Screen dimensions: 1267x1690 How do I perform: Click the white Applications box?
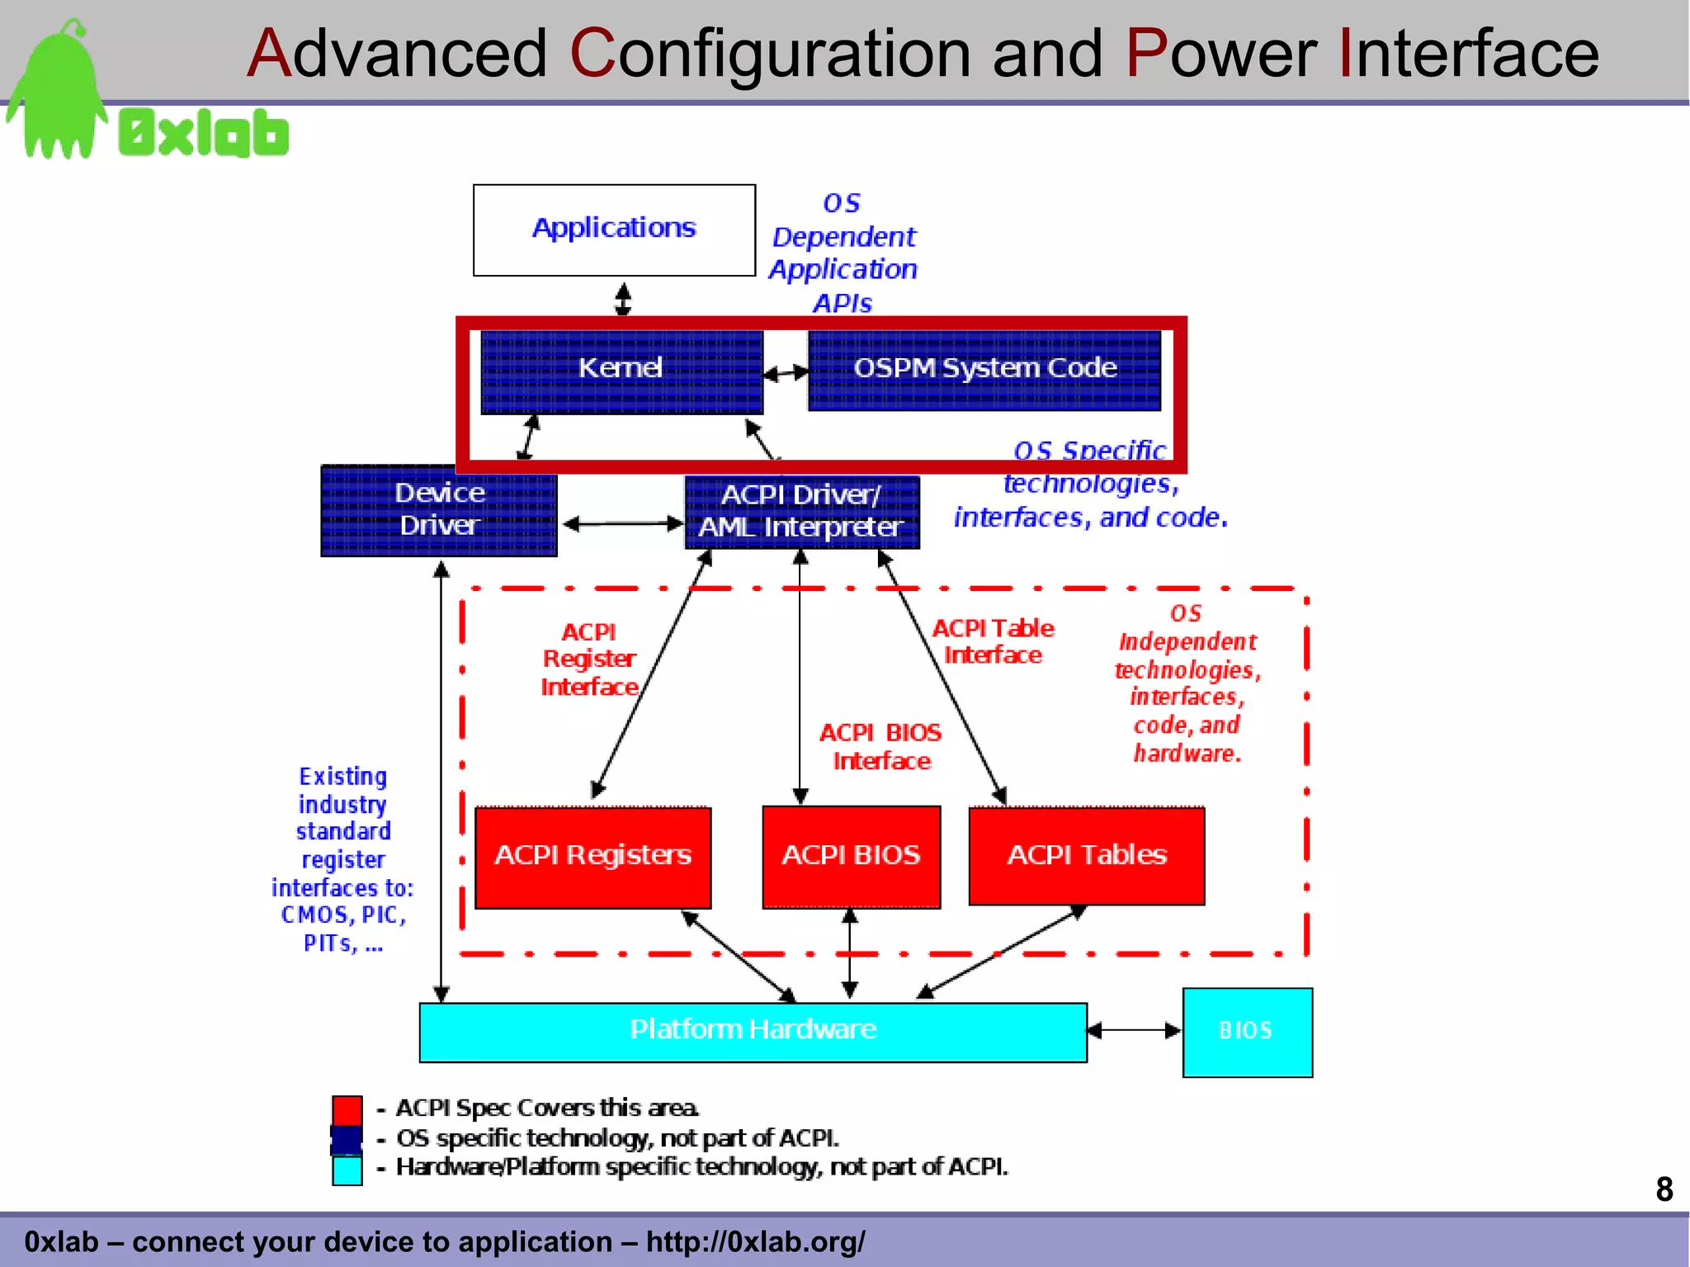pos(614,229)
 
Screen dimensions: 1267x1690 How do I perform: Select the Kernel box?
pos(621,371)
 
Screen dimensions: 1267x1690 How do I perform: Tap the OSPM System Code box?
pos(984,370)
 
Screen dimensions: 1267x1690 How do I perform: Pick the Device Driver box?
pos(439,510)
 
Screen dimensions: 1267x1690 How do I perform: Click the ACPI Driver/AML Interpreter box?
pos(801,512)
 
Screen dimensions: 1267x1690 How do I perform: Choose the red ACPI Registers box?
pos(592,857)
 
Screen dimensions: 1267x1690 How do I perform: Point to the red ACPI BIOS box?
pos(851,857)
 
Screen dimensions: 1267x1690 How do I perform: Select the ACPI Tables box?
pos(1086,856)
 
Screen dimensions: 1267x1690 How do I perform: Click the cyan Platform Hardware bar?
pos(753,1032)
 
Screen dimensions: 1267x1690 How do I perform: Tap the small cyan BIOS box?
pos(1247,1032)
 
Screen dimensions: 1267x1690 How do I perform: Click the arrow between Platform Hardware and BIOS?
pos(1134,1030)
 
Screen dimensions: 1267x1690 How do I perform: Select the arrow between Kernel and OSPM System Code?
pos(786,373)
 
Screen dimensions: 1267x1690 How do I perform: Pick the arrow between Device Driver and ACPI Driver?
pos(622,523)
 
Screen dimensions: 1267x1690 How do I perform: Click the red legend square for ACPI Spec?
pos(347,1110)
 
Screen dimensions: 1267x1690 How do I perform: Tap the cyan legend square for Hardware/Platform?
pos(347,1170)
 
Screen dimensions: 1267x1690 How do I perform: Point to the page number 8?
pos(1664,1189)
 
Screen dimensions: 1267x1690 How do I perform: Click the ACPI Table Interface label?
pos(993,641)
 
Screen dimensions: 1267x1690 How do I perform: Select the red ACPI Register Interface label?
pos(589,660)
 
